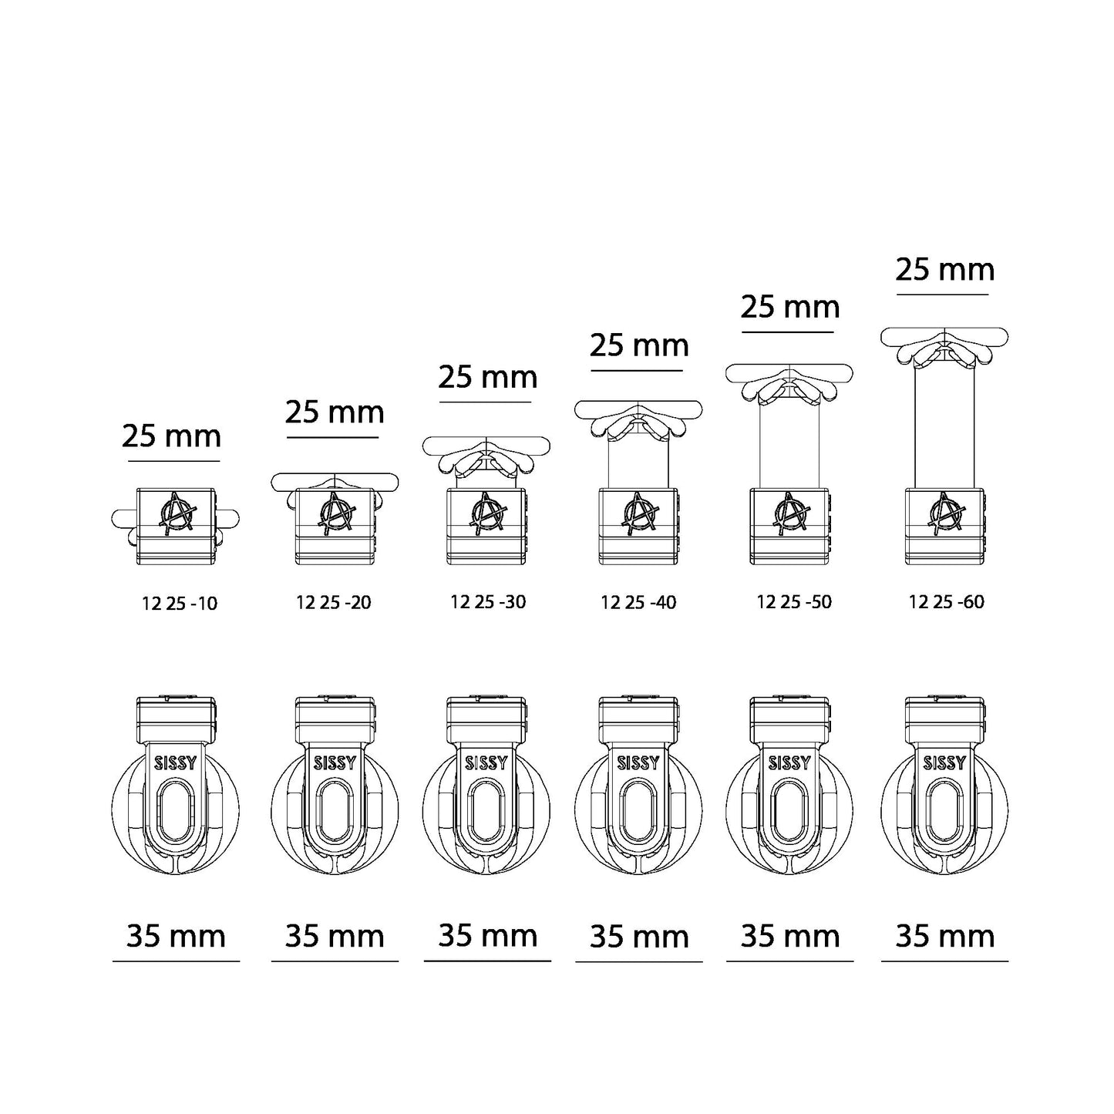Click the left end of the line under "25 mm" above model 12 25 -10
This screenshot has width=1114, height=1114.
tap(128, 461)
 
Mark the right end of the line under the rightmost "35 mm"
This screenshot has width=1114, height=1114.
tap(1008, 961)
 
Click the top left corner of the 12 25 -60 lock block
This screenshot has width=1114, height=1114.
tap(906, 489)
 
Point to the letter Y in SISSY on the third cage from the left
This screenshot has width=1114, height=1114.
tap(503, 764)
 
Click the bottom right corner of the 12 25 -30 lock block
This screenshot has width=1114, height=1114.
tap(526, 564)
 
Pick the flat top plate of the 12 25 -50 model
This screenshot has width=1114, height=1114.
tap(789, 373)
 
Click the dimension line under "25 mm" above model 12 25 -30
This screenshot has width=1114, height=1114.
tap(485, 402)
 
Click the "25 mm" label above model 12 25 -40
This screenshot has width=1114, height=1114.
tap(639, 345)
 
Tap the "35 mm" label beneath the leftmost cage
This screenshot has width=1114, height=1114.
tap(176, 936)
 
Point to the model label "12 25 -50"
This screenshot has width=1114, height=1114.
tap(794, 602)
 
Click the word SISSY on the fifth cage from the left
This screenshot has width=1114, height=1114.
tap(789, 764)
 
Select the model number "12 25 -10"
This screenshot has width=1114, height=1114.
tap(179, 604)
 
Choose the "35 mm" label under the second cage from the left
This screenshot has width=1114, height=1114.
tap(335, 936)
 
